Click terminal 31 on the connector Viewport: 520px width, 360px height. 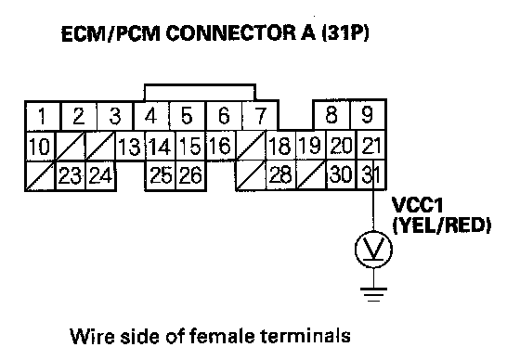(370, 174)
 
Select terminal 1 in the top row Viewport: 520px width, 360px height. (43, 116)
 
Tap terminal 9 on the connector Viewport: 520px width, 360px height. (368, 115)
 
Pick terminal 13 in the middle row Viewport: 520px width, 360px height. (130, 146)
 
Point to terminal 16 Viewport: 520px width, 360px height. (221, 146)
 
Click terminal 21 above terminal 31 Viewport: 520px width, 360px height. (370, 145)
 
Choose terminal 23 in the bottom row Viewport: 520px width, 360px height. (71, 175)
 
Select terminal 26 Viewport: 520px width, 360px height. (190, 175)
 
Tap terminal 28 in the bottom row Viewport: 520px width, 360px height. (280, 174)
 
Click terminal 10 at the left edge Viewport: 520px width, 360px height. (40, 147)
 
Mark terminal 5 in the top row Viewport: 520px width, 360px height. (188, 116)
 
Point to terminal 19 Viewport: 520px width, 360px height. (311, 145)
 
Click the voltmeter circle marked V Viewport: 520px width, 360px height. (373, 250)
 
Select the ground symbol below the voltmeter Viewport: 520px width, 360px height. (373, 294)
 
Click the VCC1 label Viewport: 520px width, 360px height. (417, 204)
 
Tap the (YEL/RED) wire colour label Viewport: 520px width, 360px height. (441, 225)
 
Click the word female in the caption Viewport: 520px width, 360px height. (222, 336)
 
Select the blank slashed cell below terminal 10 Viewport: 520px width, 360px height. (40, 176)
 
